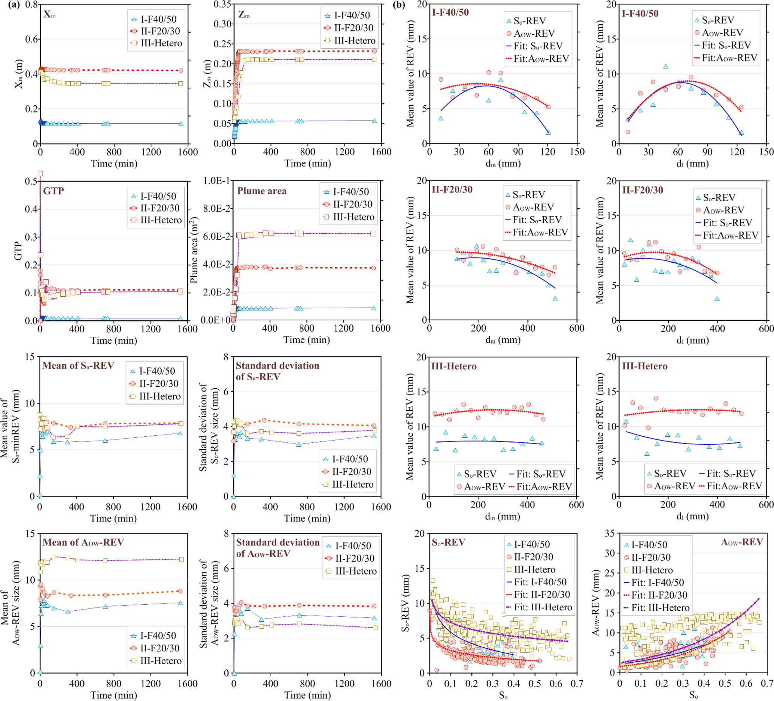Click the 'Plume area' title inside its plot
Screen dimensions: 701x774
(x=262, y=191)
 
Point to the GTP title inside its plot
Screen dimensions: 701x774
(x=54, y=191)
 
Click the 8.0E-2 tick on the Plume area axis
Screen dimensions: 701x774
(x=216, y=209)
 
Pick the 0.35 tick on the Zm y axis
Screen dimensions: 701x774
(x=222, y=4)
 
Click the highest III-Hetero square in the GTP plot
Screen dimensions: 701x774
(x=40, y=173)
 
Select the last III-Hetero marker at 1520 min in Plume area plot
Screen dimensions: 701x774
(x=373, y=233)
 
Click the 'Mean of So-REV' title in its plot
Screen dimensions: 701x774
(x=78, y=365)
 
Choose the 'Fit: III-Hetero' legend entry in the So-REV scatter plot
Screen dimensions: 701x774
(x=543, y=607)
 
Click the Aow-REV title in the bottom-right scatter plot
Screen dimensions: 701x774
(x=742, y=543)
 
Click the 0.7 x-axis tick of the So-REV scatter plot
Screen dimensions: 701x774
(x=577, y=684)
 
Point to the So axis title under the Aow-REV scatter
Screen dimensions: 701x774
(x=693, y=695)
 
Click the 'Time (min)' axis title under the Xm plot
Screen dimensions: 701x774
(x=114, y=164)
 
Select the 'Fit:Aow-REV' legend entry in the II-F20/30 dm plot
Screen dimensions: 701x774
(x=540, y=232)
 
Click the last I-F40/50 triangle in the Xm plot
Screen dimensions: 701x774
(x=181, y=124)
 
